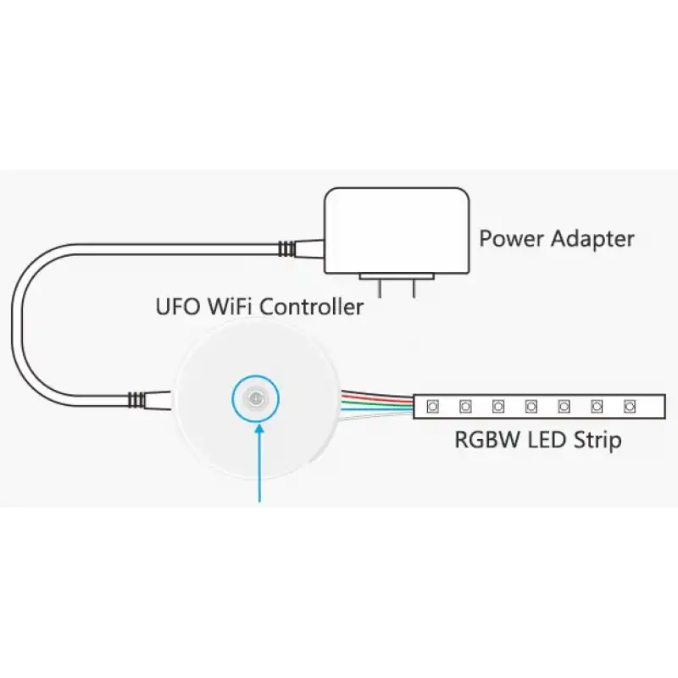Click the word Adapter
click(592, 238)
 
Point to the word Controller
click(312, 306)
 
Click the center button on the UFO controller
click(256, 397)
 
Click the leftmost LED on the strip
click(432, 407)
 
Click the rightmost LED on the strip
click(629, 407)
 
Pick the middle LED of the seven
click(531, 407)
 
